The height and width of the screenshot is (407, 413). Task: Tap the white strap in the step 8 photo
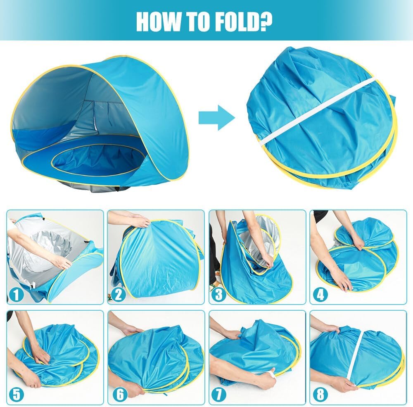pyautogui.click(x=356, y=355)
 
